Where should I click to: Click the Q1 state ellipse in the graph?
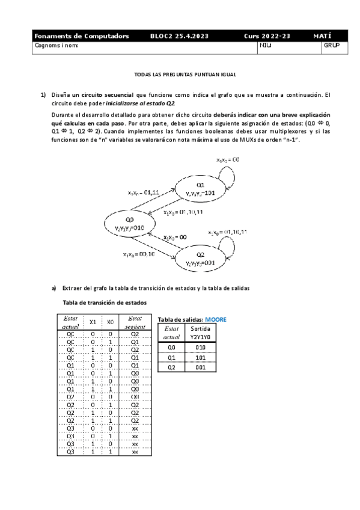point(201,188)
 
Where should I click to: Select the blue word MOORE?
point(216,319)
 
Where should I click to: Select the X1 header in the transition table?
point(93,322)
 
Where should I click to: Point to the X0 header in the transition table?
point(110,322)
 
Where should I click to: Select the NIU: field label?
point(265,45)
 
